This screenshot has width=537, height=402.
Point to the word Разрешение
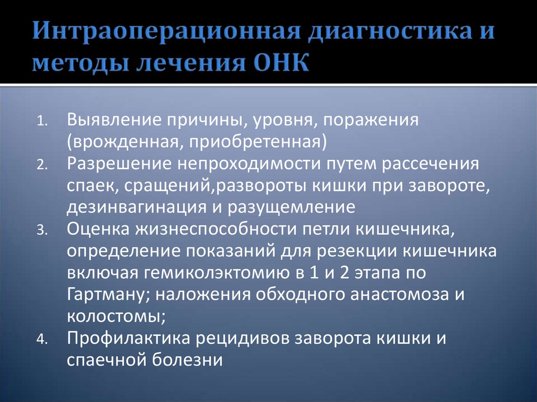pyautogui.click(x=118, y=164)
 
